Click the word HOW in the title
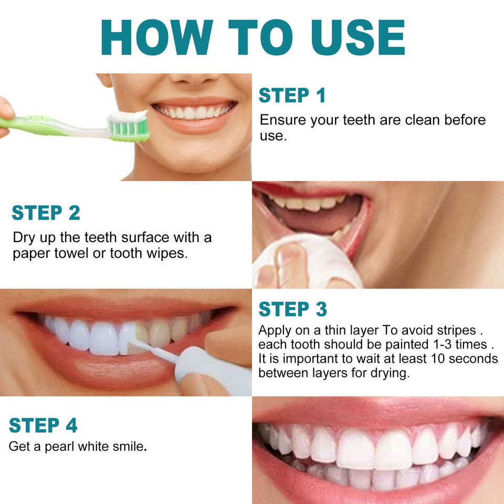coord(157,37)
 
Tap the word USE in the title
coord(358,37)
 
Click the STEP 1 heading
coord(292,95)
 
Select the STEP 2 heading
coord(46,213)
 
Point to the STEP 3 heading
coord(293,309)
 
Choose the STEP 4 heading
coord(43,425)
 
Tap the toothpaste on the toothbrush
coord(128,116)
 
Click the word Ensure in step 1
coord(283,120)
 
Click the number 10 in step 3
coord(438,359)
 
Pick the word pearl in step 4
coord(59,447)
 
